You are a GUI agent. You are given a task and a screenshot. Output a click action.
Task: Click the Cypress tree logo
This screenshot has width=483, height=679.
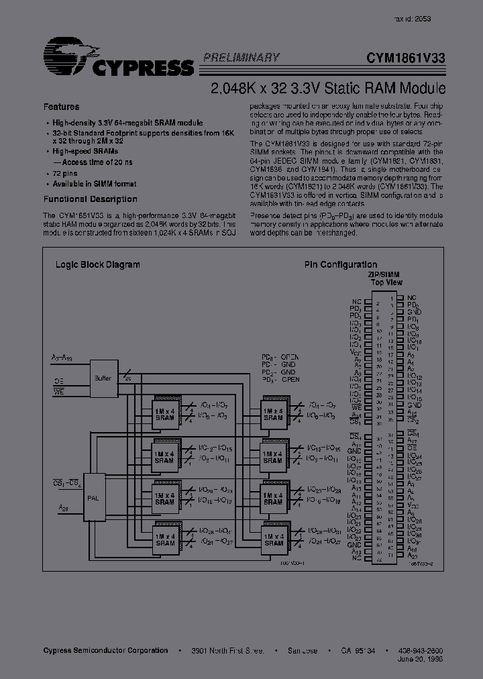pos(67,55)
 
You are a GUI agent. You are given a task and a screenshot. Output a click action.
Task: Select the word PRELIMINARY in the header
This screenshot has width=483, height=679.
pos(241,58)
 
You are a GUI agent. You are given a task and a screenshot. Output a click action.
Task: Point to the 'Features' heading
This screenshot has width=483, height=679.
pos(61,107)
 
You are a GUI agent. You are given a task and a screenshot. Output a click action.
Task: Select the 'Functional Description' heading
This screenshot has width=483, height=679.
pos(90,199)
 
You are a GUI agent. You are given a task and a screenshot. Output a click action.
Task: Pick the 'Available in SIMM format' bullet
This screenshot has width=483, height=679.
pos(94,184)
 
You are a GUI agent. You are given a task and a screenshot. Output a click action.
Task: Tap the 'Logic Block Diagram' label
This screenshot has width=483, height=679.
pos(97,264)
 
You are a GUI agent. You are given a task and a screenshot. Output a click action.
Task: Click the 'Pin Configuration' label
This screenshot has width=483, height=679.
pos(340,264)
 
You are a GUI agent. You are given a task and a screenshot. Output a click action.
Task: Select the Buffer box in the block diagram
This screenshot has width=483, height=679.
pos(102,378)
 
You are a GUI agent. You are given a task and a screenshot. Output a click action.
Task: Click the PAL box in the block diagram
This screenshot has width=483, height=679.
pos(93,498)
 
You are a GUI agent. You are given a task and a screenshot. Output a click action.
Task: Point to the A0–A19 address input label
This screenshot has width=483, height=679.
pos(61,357)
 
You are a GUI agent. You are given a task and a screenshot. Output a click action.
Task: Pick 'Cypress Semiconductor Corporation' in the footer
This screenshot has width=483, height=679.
pos(105,650)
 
